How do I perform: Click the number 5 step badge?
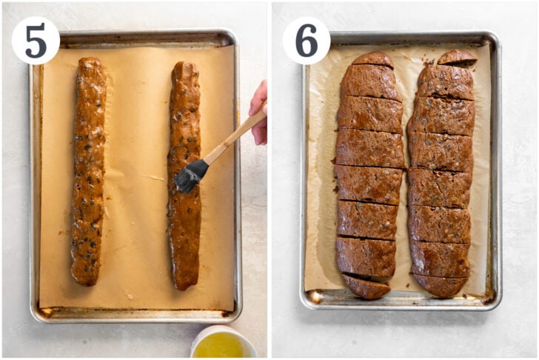coord(36,41)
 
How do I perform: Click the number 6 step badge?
coord(307,41)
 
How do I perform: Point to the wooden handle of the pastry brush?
coord(235,136)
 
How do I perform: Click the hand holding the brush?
coord(259,113)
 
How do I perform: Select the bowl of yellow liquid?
coord(223,342)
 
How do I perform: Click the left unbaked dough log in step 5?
coord(88,171)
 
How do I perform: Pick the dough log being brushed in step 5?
coord(184,176)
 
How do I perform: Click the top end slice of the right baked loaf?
coord(458,58)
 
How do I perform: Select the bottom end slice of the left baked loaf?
coord(366,286)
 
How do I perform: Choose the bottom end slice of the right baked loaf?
coord(440,285)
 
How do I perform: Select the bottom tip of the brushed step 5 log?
coord(183,290)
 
